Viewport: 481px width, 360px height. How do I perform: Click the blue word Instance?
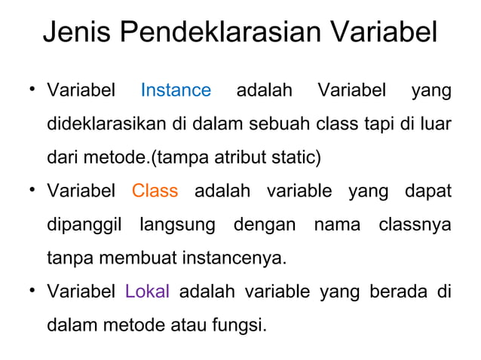(176, 91)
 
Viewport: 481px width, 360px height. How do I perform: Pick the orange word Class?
(155, 191)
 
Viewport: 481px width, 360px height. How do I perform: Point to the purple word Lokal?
(147, 291)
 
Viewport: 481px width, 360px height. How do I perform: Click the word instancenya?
(234, 258)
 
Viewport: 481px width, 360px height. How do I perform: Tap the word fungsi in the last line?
(242, 325)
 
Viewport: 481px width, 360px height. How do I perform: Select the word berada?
(391, 291)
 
